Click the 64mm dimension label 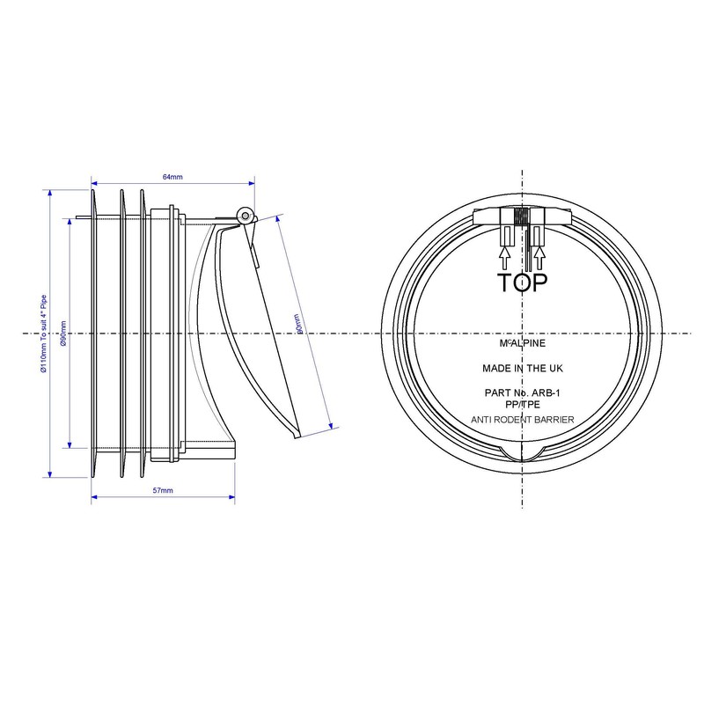click(172, 178)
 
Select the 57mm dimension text click(163, 489)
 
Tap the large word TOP click(523, 282)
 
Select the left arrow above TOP click(505, 255)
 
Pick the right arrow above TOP click(540, 255)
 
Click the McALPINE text click(523, 343)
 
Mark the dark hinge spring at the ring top click(523, 216)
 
